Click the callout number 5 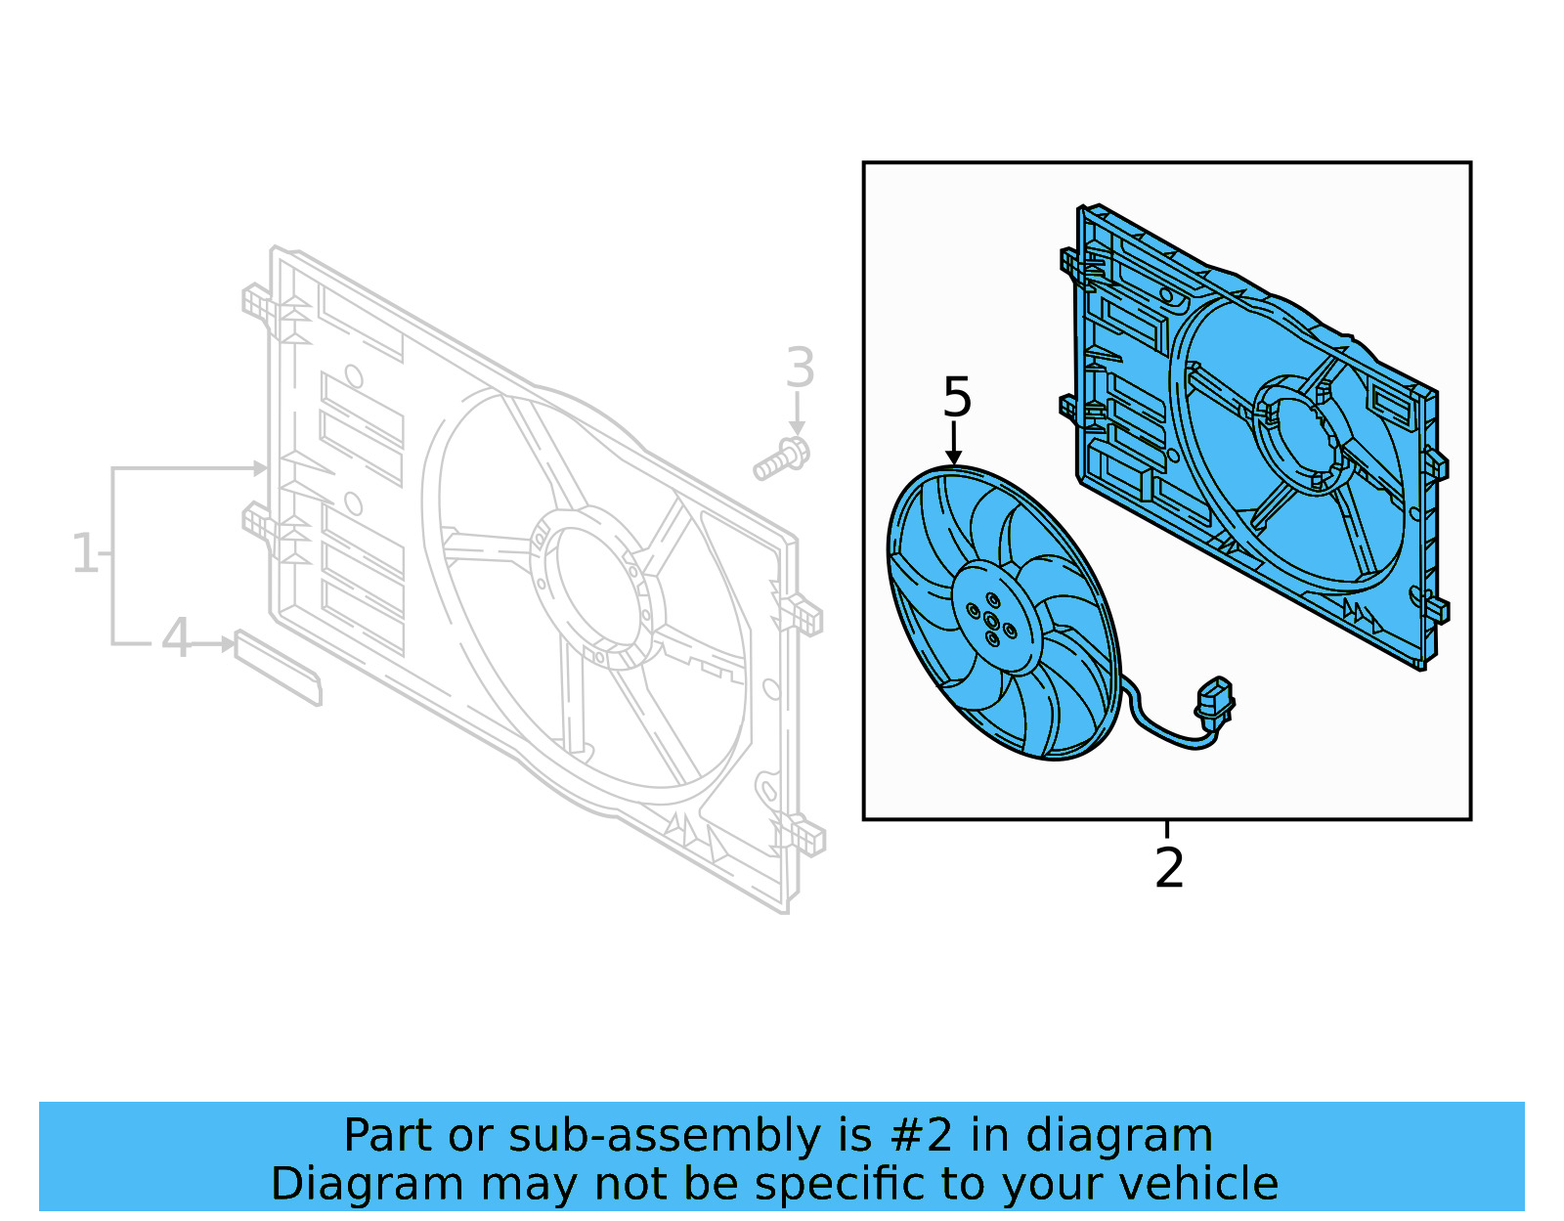click(957, 398)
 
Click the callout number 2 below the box click(1169, 868)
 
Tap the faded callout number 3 click(800, 369)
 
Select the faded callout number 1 click(86, 553)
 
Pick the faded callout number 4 click(176, 639)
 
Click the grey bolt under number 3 click(782, 459)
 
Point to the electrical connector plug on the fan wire click(1214, 700)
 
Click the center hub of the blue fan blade click(992, 620)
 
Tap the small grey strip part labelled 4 click(278, 668)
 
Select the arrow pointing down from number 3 click(798, 414)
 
